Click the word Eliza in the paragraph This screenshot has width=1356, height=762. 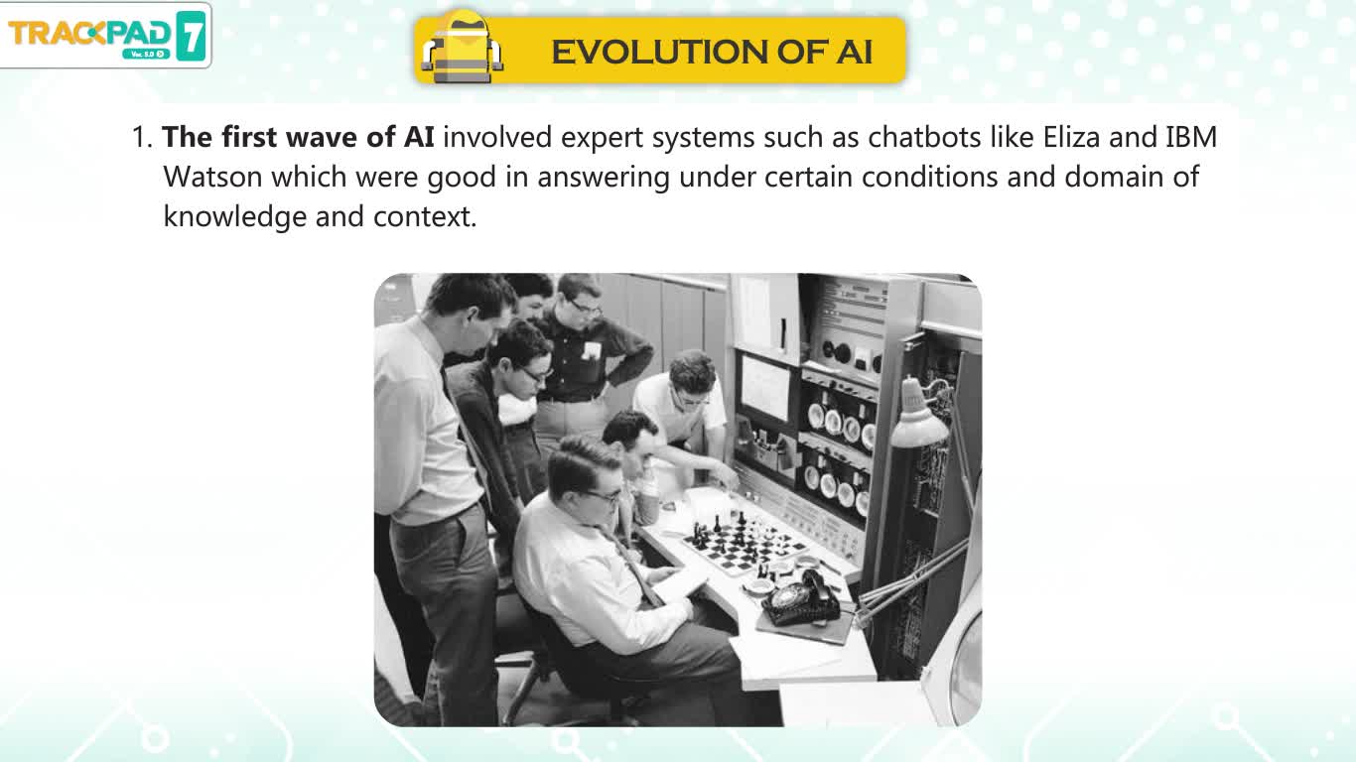coord(1071,137)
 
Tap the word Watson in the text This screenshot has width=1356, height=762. coord(212,177)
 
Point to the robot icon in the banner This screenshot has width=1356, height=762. coord(462,48)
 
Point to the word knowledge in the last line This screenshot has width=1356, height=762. coord(235,217)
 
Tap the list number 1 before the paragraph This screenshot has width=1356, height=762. coord(142,137)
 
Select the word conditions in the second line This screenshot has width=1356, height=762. coord(929,177)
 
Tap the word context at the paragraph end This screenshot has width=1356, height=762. coord(424,217)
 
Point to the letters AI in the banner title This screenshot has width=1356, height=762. coord(854,52)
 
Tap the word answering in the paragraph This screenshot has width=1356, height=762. coord(603,178)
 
